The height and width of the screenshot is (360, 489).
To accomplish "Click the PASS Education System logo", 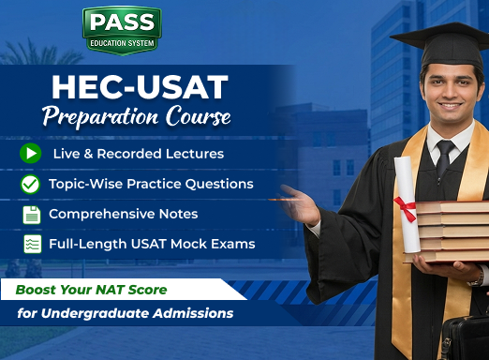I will [121, 31].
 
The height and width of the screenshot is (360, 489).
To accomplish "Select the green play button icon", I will [31, 153].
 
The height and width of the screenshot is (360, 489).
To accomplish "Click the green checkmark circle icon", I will [31, 184].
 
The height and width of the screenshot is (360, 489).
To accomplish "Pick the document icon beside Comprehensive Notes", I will [31, 215].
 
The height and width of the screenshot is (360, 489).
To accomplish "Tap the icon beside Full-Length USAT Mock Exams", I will [31, 245].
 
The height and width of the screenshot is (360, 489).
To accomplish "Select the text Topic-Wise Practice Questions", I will [151, 184].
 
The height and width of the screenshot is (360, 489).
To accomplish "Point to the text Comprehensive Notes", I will [123, 215].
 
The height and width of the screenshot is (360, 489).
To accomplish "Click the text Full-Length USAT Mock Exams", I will [152, 245].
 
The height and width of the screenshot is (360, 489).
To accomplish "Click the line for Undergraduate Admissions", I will [124, 313].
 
